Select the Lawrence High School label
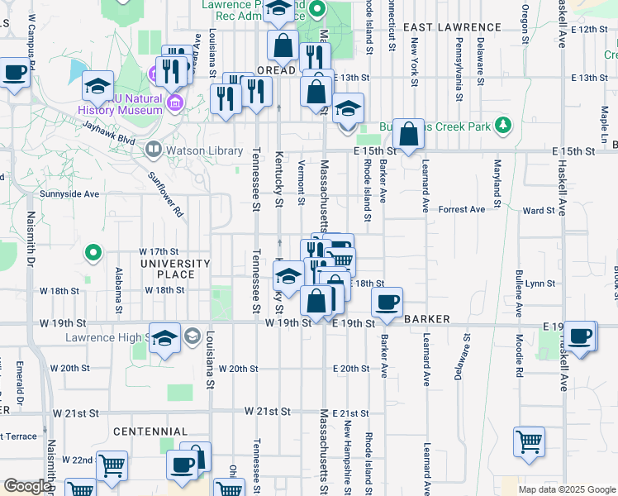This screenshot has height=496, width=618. [105, 337]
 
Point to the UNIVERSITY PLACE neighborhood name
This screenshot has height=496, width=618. [174, 269]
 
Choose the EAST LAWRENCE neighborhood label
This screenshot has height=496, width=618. [452, 27]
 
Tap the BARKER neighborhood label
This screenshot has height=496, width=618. [426, 318]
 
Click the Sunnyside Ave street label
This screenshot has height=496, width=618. [69, 194]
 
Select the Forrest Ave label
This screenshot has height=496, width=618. [462, 209]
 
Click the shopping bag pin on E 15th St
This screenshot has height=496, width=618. [408, 132]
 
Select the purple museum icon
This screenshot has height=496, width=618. [174, 103]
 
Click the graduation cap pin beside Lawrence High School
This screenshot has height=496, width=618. [164, 337]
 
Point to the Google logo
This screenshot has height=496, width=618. [26, 487]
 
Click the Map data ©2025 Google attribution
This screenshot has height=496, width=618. [567, 489]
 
